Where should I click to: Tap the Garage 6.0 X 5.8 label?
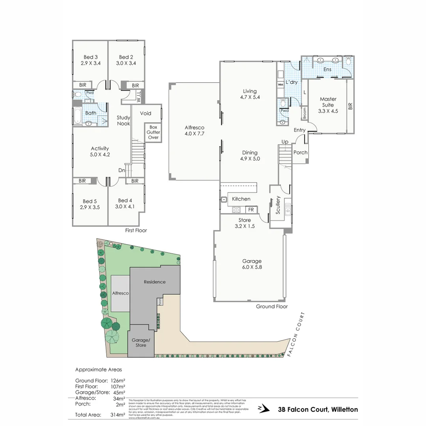tap(252, 264)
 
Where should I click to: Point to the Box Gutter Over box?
tap(153, 132)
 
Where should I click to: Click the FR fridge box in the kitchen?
tap(251, 210)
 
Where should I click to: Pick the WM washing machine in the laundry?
tap(280, 85)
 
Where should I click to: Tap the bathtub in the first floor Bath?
tap(77, 117)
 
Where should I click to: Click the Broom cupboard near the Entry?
tap(304, 114)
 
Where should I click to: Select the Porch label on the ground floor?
tap(301, 153)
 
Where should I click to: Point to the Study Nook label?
tap(123, 120)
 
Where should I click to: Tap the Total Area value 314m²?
tap(118, 415)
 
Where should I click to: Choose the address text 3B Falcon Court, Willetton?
tap(318, 409)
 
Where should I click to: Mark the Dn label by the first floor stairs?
tap(122, 170)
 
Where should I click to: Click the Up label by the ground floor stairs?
tap(284, 142)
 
